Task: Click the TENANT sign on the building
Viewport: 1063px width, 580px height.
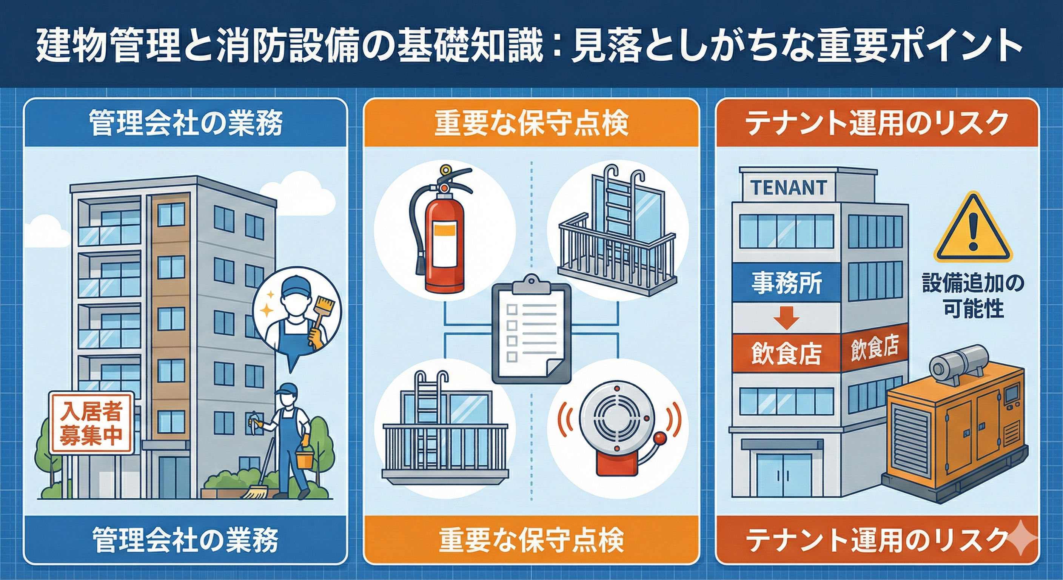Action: (789, 187)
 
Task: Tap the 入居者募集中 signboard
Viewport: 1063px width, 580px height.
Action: (91, 423)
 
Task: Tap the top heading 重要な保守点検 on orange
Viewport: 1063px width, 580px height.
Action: (531, 123)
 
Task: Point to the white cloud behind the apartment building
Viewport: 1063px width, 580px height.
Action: (326, 198)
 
